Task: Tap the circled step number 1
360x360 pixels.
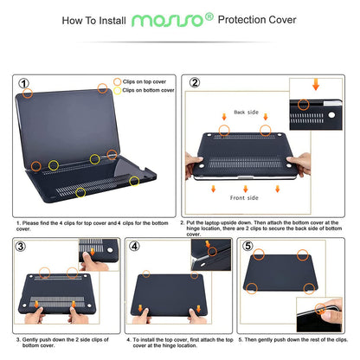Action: click(25, 85)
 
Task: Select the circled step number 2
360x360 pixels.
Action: click(195, 85)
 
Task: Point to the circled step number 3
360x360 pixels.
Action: click(20, 247)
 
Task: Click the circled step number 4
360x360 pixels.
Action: click(134, 247)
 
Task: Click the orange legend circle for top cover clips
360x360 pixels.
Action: click(117, 81)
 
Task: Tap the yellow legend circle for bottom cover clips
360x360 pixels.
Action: click(117, 90)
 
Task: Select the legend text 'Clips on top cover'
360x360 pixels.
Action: click(149, 81)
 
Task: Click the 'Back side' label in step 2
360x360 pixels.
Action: click(245, 112)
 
